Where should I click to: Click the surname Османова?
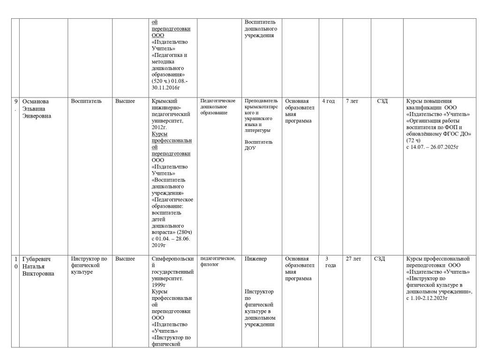[36, 101]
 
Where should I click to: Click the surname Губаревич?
[37, 259]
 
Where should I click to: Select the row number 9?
[15, 101]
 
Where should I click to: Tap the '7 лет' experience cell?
[352, 101]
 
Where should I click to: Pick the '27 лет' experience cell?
[353, 259]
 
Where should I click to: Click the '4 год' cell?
[328, 101]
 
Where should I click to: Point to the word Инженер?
[255, 259]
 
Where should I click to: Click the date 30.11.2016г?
[166, 88]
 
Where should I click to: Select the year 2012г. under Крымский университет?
[159, 127]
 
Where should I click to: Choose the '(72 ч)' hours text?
[413, 140]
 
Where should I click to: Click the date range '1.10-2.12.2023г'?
[429, 298]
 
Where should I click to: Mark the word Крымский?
[165, 101]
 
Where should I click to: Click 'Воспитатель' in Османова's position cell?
[86, 101]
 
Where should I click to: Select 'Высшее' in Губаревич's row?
[125, 259]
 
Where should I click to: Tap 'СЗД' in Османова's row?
[382, 101]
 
